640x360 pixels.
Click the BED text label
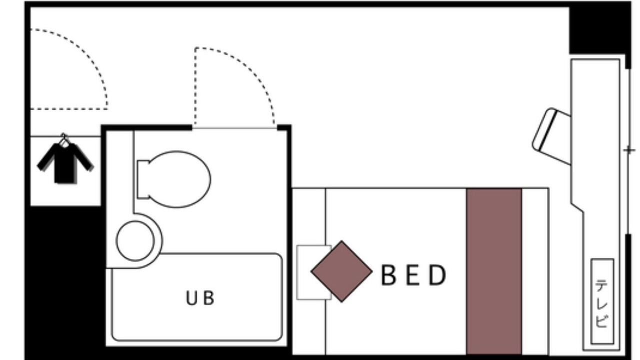point(413,275)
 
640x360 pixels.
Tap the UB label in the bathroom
point(200,298)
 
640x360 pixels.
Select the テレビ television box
point(602,301)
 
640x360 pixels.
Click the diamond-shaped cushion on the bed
point(341,271)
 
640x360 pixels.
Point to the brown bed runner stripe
point(494,271)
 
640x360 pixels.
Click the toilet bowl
point(178,179)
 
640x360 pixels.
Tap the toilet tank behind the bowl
point(143,179)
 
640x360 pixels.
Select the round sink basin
point(135,241)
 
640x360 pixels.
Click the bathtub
point(197,297)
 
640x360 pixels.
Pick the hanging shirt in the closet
point(65,163)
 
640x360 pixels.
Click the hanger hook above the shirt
point(63,139)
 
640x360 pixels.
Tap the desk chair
point(551,136)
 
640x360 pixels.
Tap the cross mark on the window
point(629,150)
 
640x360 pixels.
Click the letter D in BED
point(437,275)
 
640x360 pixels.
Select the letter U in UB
point(192,298)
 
